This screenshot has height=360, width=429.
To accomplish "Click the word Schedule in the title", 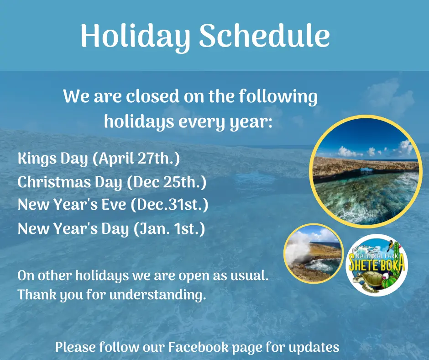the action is pos(265,36).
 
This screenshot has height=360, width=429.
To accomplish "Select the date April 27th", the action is pos(136,159).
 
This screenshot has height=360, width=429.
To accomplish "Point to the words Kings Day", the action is pos(52,159).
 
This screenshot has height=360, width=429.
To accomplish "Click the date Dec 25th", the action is pos(167,182).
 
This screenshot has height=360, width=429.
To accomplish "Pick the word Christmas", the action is pos(54,182).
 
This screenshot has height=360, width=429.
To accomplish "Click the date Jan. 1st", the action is pos(169,229).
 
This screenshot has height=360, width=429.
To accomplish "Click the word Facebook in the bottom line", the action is pos(198,347).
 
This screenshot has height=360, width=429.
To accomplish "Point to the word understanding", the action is pos(157,295).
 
